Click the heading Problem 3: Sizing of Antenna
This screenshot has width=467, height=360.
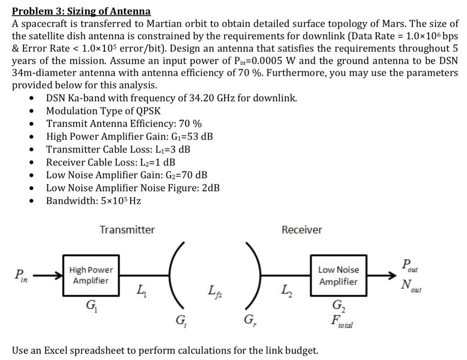(81, 11)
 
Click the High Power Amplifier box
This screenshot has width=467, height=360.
(91, 275)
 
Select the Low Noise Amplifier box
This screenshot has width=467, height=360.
(338, 275)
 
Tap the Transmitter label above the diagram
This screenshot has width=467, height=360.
(127, 230)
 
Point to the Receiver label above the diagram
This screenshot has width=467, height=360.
(301, 230)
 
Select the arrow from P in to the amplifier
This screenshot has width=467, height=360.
(47, 275)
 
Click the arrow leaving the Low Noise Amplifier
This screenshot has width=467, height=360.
(382, 275)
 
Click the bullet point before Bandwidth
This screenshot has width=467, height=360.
(31, 201)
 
